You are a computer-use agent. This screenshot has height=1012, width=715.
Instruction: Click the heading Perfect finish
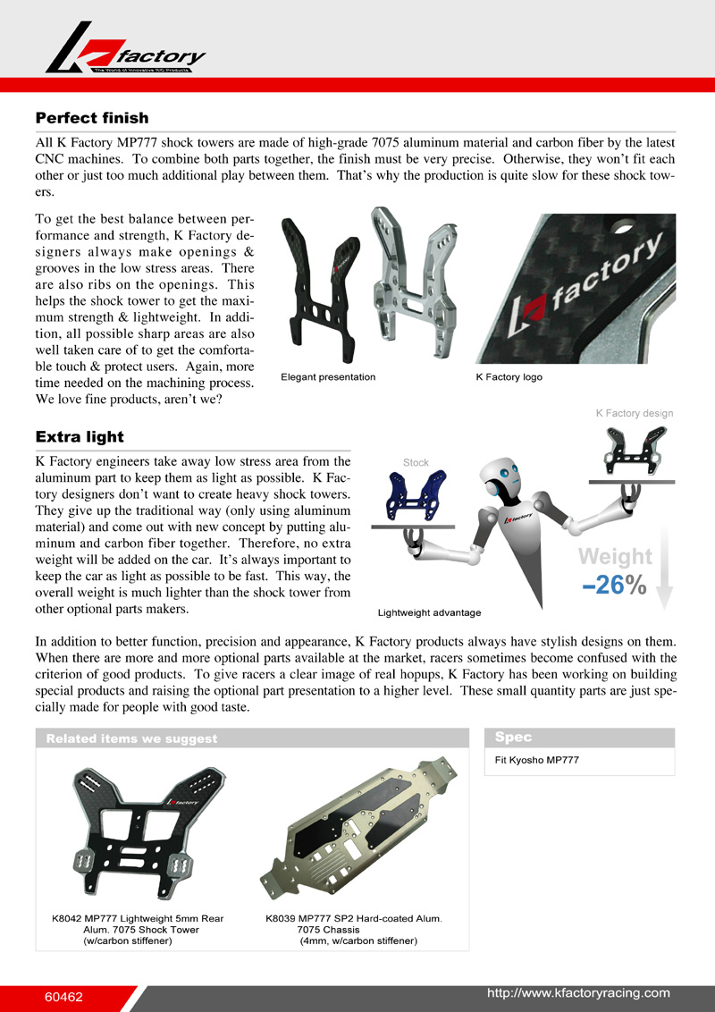(91, 118)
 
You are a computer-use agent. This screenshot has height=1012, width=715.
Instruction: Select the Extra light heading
(80, 436)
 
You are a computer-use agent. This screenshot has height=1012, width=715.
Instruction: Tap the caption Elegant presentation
(328, 377)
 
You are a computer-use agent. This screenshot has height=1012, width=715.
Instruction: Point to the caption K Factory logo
(509, 377)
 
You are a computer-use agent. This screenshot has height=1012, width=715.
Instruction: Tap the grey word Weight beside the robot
(615, 557)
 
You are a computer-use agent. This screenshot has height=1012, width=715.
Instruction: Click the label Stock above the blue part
(416, 462)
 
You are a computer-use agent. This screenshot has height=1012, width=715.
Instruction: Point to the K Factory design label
(635, 413)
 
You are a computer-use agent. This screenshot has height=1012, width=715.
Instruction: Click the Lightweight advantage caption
(429, 613)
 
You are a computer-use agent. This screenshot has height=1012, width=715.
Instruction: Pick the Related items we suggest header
(131, 738)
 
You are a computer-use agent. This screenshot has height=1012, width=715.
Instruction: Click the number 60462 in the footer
(63, 995)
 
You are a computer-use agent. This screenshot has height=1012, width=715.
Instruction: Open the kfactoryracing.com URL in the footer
(577, 993)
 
